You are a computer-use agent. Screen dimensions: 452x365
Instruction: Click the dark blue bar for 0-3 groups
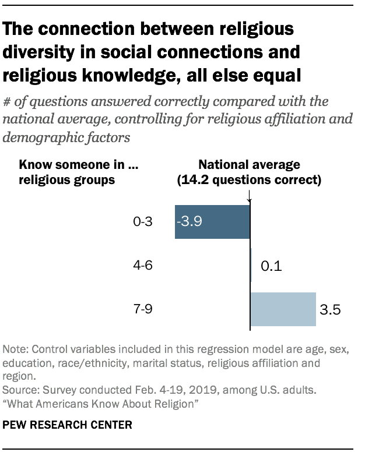tap(212, 222)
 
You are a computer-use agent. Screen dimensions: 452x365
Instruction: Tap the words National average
tap(249, 165)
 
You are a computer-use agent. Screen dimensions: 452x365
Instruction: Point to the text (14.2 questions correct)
tap(249, 180)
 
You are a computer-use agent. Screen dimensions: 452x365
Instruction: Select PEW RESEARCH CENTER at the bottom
tap(68, 425)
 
